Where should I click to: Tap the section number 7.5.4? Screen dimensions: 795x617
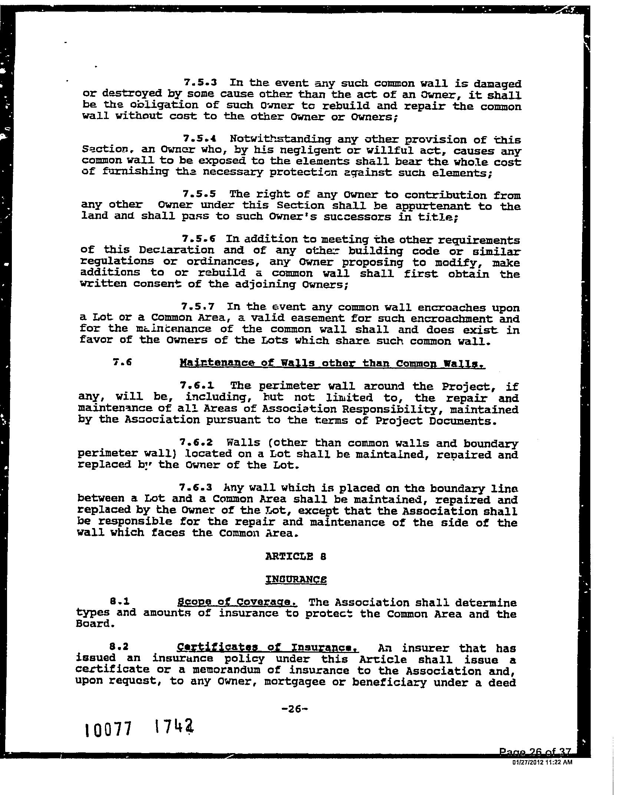click(200, 138)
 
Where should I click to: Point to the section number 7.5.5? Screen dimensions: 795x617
click(199, 194)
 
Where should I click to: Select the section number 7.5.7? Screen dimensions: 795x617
click(198, 306)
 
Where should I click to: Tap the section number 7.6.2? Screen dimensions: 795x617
click(196, 442)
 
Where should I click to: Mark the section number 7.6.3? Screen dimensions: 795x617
click(195, 488)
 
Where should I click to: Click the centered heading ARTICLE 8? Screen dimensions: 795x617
click(296, 556)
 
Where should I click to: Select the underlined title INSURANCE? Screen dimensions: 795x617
click(296, 579)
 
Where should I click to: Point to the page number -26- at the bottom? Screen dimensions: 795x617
click(295, 709)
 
